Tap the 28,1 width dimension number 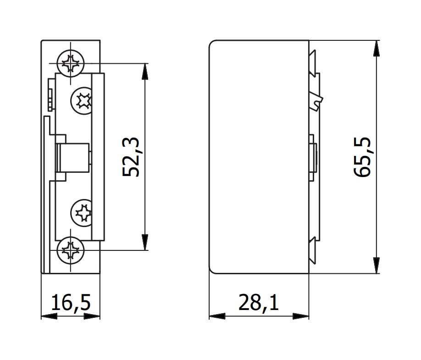pyautogui.click(x=259, y=303)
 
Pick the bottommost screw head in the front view pyautogui.click(x=71, y=250)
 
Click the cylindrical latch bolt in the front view pyautogui.click(x=72, y=157)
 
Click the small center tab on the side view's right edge pyautogui.click(x=313, y=157)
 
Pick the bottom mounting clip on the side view pyautogui.click(x=313, y=250)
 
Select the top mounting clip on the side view pyautogui.click(x=313, y=62)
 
